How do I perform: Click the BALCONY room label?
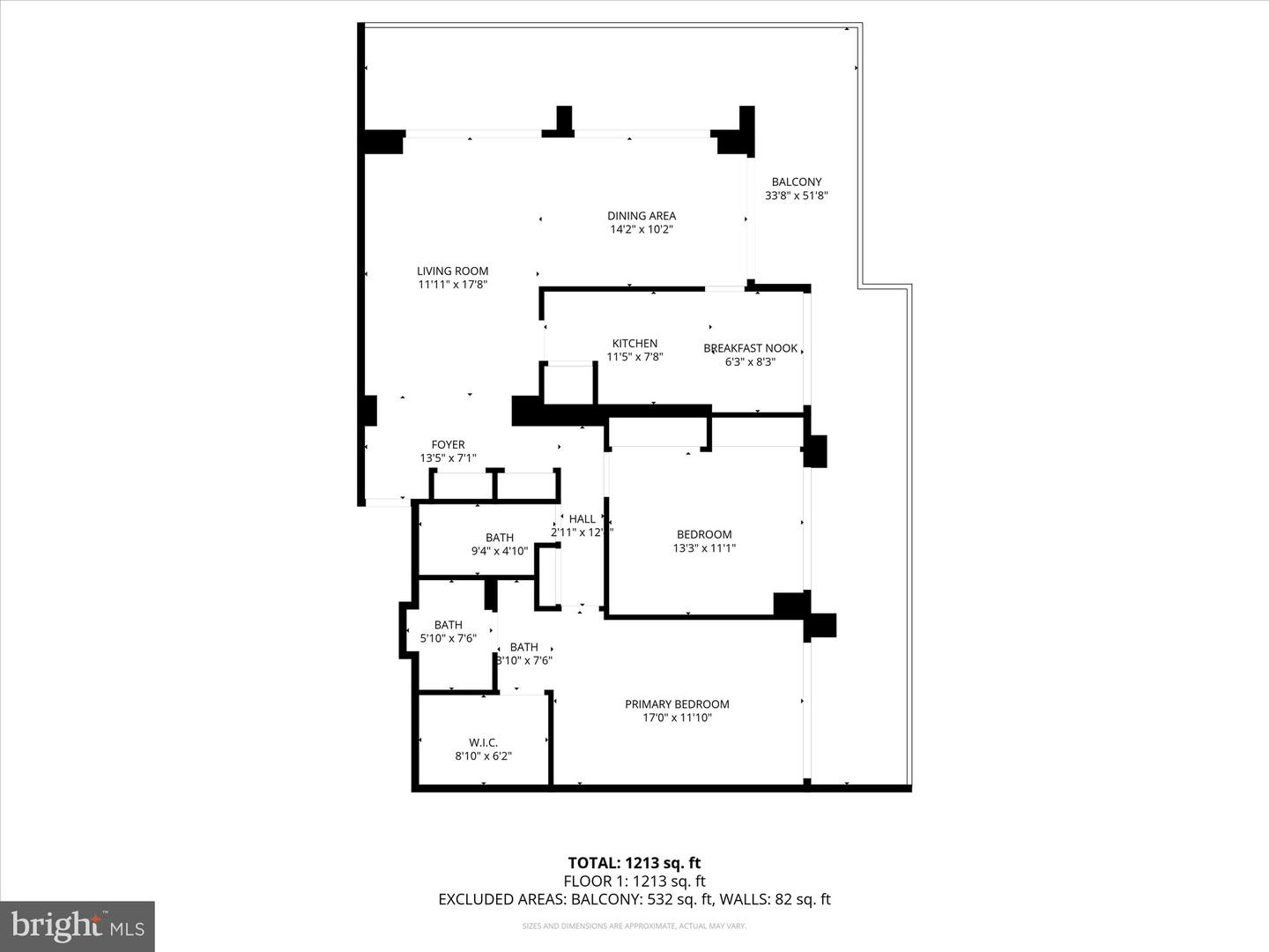click(x=796, y=182)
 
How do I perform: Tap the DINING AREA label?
click(x=642, y=216)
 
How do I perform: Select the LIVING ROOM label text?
click(x=452, y=271)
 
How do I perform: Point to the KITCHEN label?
click(x=634, y=344)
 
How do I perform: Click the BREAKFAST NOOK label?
click(x=750, y=348)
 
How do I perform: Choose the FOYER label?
click(x=448, y=445)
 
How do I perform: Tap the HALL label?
click(x=582, y=519)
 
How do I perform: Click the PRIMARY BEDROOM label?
click(x=677, y=704)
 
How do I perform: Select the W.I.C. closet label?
click(x=483, y=743)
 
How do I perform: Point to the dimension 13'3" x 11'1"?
click(x=704, y=548)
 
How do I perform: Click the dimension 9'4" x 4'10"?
click(x=500, y=552)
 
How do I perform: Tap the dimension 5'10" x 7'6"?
click(x=448, y=638)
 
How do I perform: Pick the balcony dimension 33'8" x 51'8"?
click(x=796, y=197)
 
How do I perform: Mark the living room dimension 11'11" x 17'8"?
click(x=452, y=285)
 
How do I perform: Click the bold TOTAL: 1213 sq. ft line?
click(x=634, y=863)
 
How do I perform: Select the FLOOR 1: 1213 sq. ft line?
click(x=634, y=881)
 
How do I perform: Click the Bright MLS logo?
click(x=78, y=926)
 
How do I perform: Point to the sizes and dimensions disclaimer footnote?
click(x=634, y=926)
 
